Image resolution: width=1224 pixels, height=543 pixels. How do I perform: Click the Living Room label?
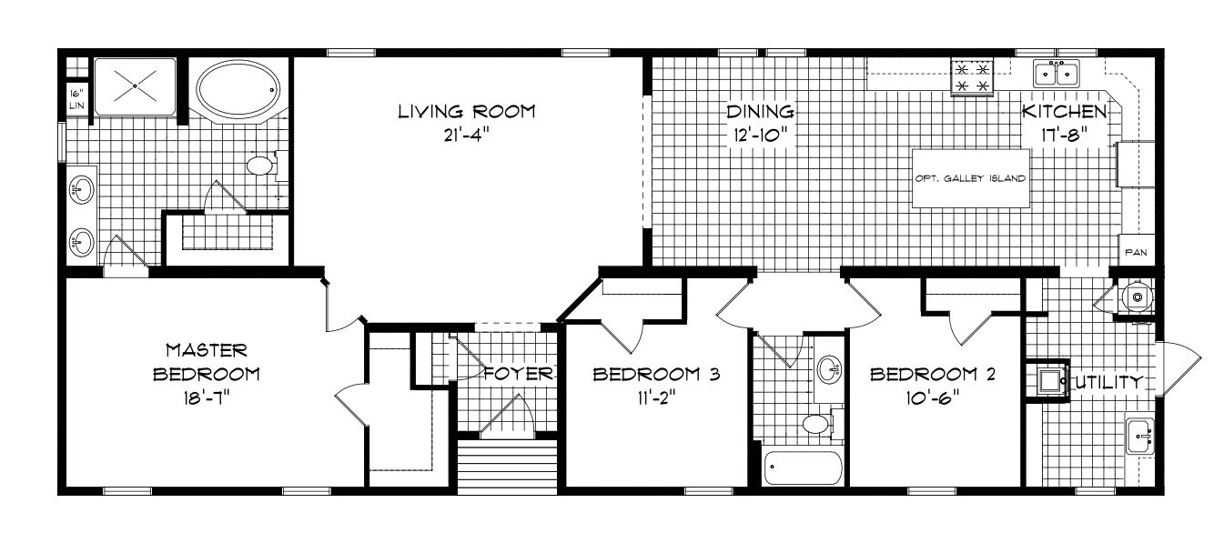[466, 112]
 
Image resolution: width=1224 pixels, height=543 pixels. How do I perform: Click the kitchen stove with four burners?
[972, 77]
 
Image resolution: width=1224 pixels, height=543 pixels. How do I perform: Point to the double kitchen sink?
[1057, 74]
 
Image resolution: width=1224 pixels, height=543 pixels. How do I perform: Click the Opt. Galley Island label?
[970, 178]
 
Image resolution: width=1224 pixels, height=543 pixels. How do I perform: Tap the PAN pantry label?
[1137, 253]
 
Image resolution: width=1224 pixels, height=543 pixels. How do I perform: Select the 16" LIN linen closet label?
[76, 99]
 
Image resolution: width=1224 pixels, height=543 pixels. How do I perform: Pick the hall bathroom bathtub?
[804, 468]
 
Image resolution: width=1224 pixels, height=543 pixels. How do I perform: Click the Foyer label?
[519, 374]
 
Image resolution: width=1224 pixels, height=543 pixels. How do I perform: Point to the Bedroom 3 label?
[656, 375]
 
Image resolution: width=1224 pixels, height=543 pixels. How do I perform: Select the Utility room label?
[1108, 382]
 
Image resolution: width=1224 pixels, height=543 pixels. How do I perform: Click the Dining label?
[760, 112]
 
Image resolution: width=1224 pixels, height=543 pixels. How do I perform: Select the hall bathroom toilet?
[818, 424]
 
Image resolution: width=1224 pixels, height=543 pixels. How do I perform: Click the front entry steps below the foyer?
[507, 467]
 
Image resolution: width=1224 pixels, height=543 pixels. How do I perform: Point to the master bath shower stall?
[135, 86]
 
